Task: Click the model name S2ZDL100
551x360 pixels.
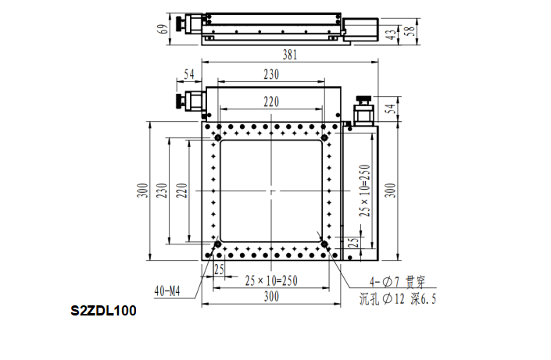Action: point(103,311)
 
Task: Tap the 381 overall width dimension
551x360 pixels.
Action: point(290,55)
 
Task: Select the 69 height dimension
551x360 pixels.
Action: point(163,29)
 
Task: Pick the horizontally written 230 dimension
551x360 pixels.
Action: point(271,74)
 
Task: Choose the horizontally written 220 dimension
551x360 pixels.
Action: point(271,102)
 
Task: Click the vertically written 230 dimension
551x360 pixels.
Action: point(162,191)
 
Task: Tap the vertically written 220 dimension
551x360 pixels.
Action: point(181,191)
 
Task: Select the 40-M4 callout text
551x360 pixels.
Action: point(167,291)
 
